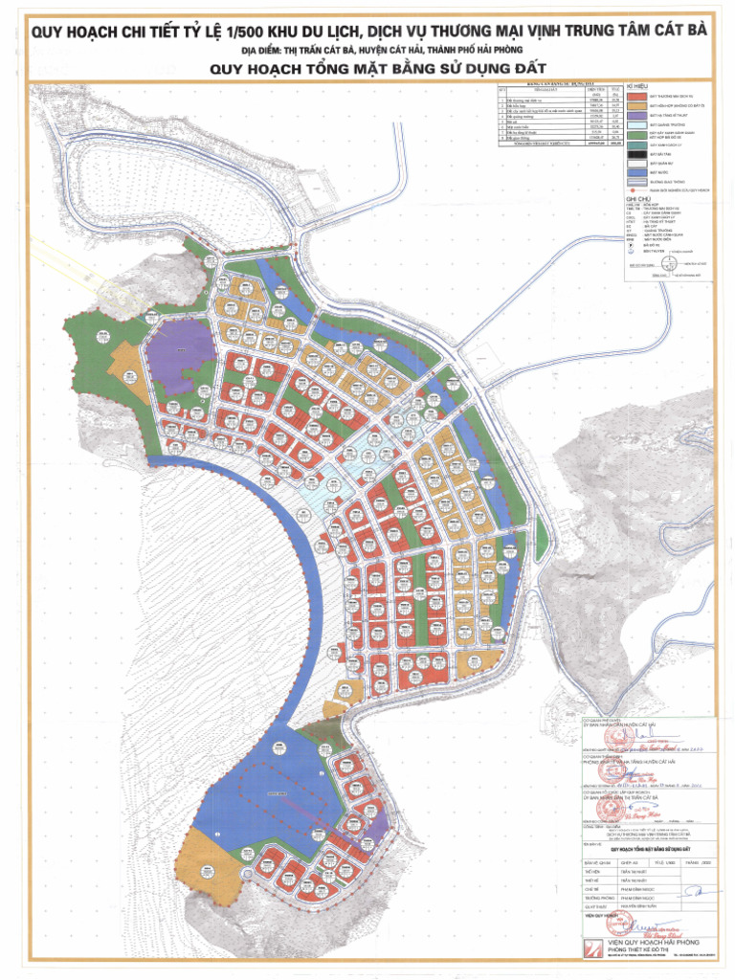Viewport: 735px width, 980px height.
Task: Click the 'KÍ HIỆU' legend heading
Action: coord(637,85)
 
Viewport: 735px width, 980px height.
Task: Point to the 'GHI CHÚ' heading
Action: coord(637,199)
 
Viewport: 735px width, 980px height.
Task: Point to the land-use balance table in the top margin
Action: coord(556,114)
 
